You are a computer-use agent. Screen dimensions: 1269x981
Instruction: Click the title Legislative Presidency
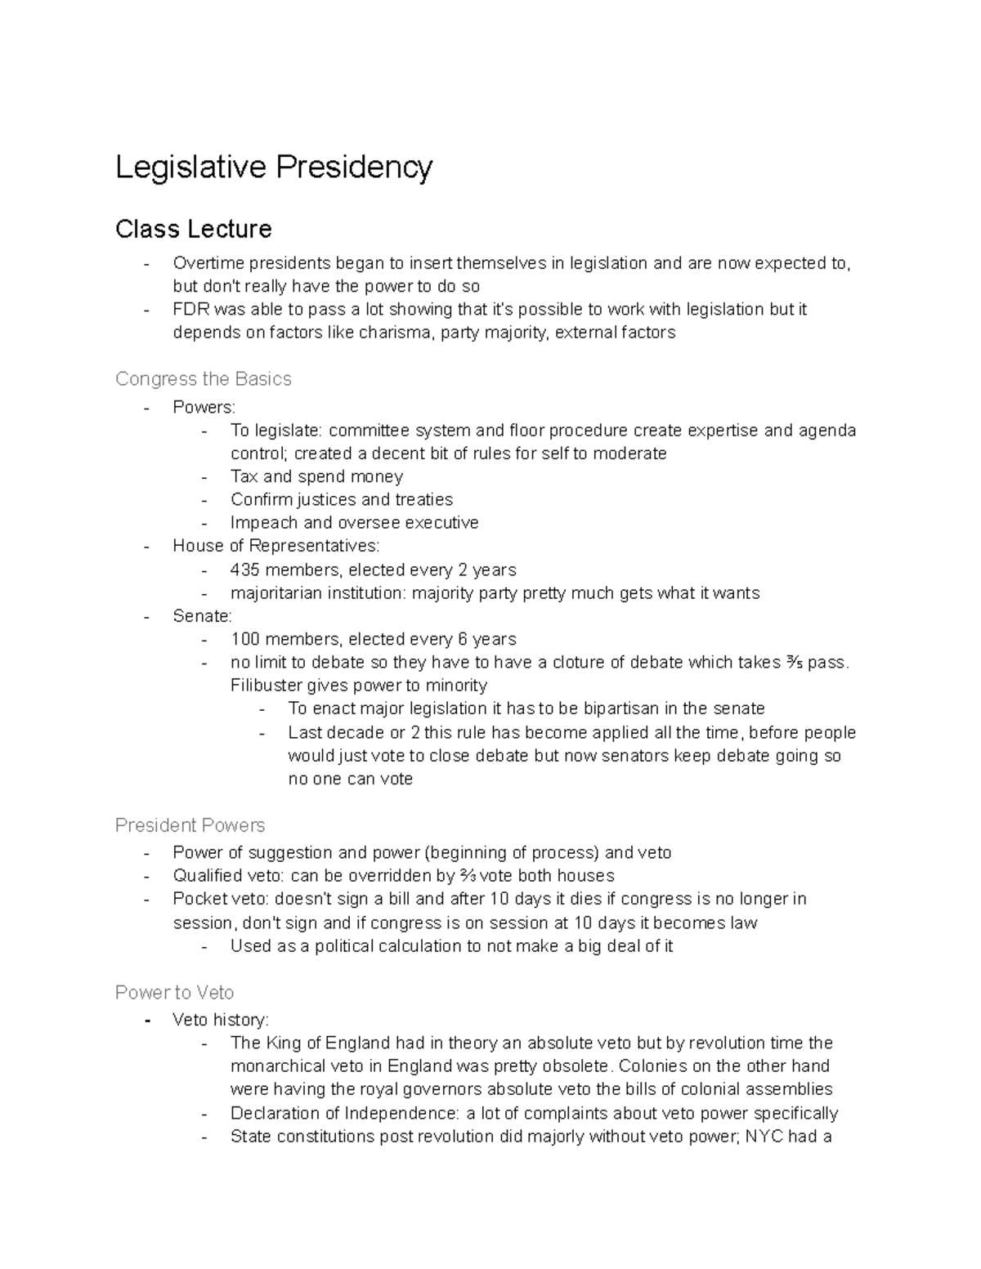[x=274, y=168]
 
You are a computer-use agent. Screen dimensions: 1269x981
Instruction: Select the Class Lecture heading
[x=193, y=229]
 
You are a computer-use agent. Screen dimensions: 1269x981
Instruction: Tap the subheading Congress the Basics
[x=203, y=379]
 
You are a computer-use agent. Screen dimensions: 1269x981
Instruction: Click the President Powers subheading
[x=190, y=825]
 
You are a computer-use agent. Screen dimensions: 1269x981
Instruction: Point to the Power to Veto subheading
[x=174, y=993]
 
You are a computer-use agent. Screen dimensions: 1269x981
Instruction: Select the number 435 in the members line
[x=244, y=570]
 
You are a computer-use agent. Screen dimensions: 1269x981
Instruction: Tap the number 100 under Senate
[x=244, y=639]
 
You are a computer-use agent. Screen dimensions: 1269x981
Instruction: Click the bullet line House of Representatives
[x=275, y=546]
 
